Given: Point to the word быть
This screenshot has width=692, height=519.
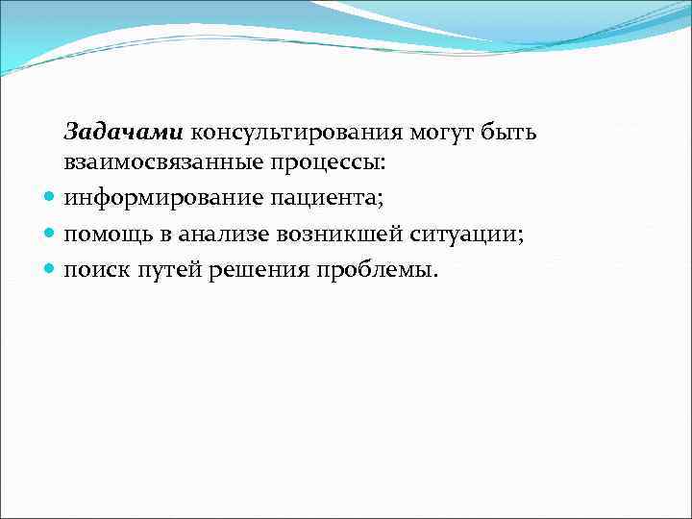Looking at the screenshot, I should pyautogui.click(x=512, y=132).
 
